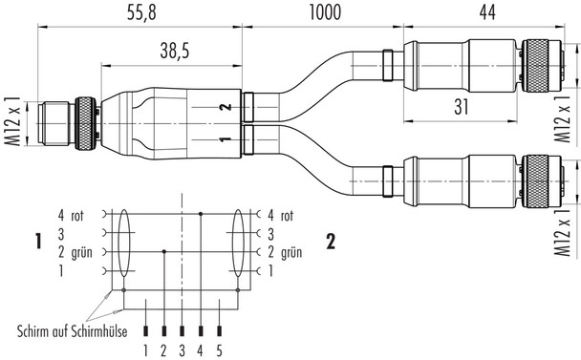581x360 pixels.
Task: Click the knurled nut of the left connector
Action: point(87,125)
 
